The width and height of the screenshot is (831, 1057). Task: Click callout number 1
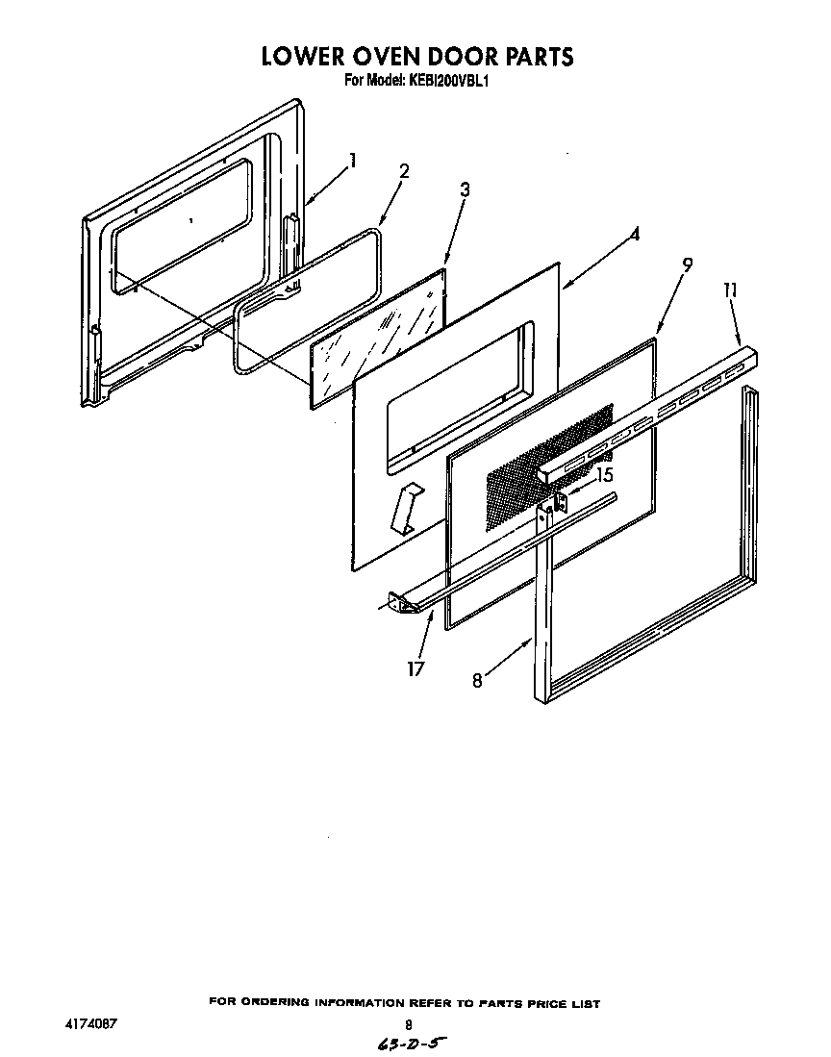point(354,161)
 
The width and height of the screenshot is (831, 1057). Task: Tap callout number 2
point(404,171)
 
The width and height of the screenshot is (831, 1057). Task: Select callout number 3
point(465,189)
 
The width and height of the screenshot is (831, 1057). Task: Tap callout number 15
point(604,474)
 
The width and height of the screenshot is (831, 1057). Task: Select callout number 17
point(415,668)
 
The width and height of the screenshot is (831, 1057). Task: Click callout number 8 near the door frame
point(477,680)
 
